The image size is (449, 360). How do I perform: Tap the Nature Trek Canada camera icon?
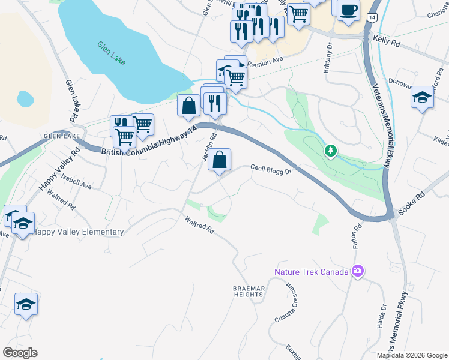358,272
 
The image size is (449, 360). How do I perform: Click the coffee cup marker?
348,11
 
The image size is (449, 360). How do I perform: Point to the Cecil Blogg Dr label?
270,170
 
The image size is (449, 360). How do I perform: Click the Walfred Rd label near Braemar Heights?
200,225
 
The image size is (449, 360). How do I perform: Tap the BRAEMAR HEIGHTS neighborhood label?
249,292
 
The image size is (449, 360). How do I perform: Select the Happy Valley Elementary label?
79,232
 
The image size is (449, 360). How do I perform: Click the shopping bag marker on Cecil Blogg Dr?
220,160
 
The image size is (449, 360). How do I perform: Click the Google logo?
20,353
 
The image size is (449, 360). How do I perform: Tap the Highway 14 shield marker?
373,19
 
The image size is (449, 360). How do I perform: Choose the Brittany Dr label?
328,58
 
